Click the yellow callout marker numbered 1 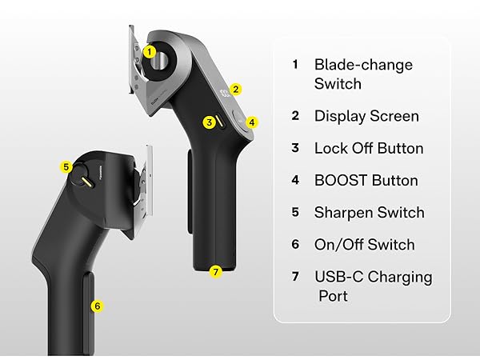149,52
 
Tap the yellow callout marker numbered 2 235,90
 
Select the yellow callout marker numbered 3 210,122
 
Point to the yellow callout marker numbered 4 252,122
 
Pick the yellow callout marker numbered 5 66,167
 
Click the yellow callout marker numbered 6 98,306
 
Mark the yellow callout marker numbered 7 216,271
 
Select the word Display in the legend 340,116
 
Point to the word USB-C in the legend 339,277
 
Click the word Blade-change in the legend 364,65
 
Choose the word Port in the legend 333,296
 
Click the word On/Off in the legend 338,245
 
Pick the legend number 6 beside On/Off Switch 295,244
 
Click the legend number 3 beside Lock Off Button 295,148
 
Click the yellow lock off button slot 220,122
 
